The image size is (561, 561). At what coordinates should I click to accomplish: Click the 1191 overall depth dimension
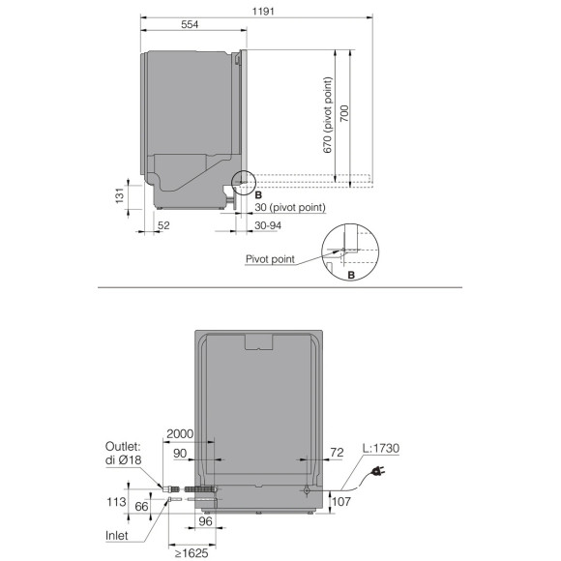tap(263, 12)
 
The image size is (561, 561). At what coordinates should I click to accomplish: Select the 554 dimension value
tap(190, 24)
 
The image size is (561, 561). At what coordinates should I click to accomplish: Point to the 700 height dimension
tap(344, 113)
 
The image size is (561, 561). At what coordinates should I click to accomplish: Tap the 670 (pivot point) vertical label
tap(328, 115)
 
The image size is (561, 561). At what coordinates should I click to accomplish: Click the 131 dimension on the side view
tap(119, 195)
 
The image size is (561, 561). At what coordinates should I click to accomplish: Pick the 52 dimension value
tap(163, 225)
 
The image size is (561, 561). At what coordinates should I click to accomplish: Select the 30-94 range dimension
tap(268, 225)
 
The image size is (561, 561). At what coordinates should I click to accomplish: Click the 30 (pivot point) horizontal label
tap(290, 208)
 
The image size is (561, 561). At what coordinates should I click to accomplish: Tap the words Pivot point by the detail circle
tap(270, 259)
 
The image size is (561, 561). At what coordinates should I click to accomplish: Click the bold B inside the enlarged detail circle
tap(351, 275)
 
